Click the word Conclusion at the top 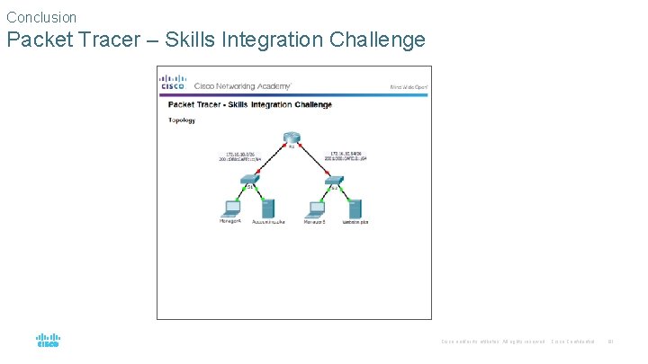41,17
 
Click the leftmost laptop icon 230,208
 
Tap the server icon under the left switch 267,208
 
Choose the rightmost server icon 355,208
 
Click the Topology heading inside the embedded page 181,120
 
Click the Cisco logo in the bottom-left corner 48,341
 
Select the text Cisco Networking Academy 242,86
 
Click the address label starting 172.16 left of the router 238,155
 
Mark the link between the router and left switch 267,160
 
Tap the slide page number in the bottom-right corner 610,341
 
